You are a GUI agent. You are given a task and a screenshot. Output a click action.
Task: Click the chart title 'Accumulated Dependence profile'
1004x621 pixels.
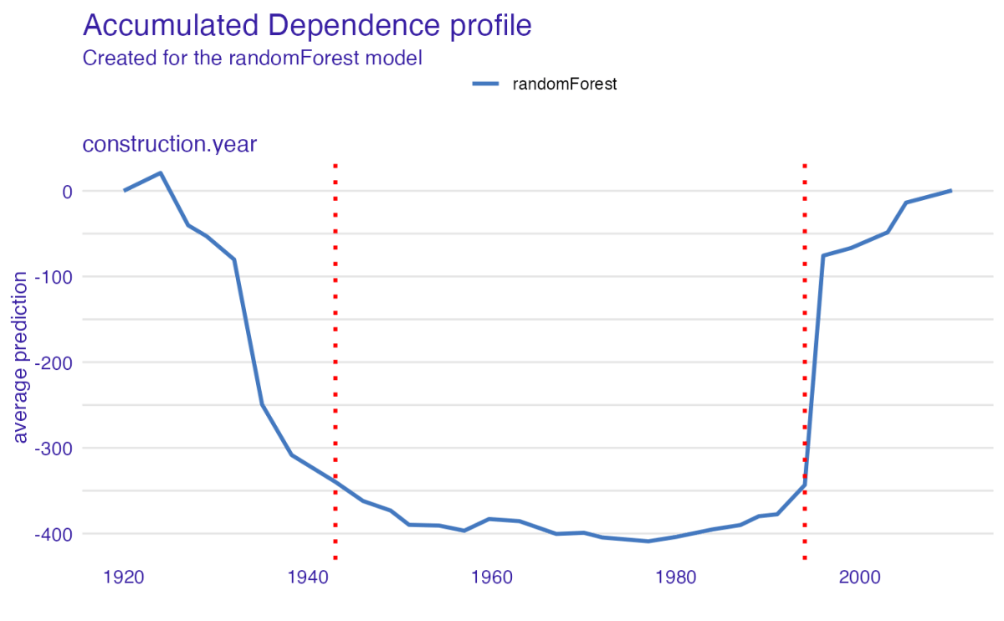(307, 25)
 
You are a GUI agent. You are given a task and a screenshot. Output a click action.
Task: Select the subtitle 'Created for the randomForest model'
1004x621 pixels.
(251, 59)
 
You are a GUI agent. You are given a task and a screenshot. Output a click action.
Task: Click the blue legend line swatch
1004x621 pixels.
(486, 84)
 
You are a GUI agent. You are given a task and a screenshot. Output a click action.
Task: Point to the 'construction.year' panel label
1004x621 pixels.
(169, 144)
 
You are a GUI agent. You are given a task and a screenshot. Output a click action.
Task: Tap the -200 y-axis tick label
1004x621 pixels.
(54, 362)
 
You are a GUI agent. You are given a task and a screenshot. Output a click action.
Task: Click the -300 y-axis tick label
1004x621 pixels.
(54, 448)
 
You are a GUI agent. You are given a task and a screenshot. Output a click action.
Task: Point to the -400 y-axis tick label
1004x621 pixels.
(54, 533)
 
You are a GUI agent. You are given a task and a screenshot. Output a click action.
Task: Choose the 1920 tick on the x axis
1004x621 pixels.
(124, 577)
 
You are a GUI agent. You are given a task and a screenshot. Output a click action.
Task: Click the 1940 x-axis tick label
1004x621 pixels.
(308, 577)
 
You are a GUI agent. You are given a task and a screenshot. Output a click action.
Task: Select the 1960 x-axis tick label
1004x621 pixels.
(492, 577)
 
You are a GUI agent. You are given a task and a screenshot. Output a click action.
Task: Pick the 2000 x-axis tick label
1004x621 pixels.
(859, 577)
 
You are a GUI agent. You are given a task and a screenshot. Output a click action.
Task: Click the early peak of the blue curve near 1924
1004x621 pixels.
(160, 173)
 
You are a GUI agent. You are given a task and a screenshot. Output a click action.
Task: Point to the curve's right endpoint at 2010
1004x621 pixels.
(950, 191)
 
